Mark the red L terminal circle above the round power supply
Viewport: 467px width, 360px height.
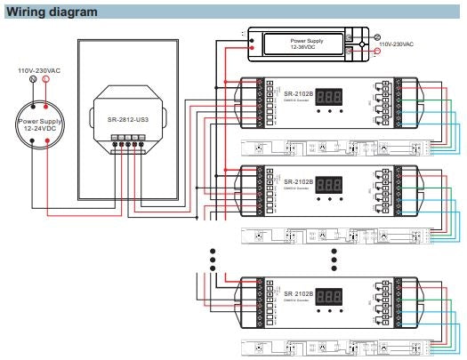pos(46,79)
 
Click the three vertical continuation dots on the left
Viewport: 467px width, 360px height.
pos(212,258)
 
